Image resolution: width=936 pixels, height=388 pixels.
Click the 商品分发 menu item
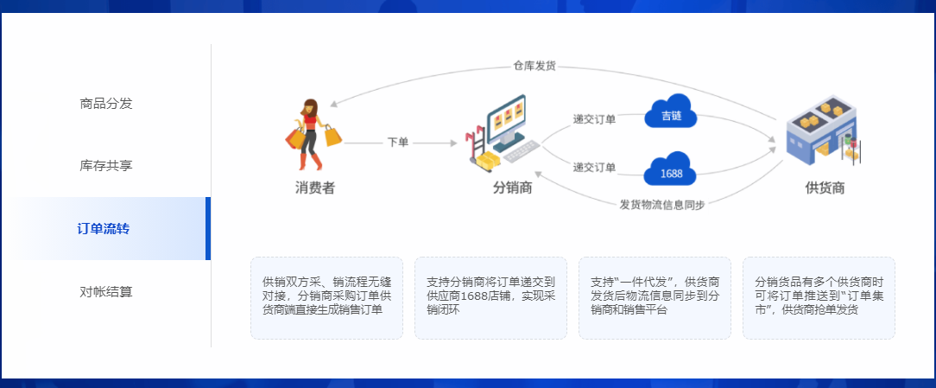coord(106,104)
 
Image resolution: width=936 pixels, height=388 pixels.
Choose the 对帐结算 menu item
coord(106,292)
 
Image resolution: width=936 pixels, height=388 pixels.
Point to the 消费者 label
coord(314,188)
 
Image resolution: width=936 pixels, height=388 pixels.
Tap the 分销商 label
coord(512,188)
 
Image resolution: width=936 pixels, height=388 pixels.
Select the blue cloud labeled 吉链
coord(671,115)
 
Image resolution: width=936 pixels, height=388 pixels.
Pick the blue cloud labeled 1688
coord(671,172)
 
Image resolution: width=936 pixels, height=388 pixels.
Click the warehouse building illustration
coord(822,134)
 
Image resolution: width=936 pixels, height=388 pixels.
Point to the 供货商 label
coord(825,188)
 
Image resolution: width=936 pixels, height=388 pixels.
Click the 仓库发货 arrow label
coord(534,66)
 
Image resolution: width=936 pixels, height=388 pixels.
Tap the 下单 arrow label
coord(398,143)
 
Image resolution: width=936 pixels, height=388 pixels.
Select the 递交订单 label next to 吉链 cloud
coord(594,119)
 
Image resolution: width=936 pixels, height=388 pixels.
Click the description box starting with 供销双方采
coord(326,297)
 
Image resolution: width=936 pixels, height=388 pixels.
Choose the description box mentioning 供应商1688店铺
coord(490,297)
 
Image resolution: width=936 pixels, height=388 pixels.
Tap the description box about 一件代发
coord(655,297)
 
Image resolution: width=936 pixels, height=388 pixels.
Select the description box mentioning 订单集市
coord(819,297)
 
